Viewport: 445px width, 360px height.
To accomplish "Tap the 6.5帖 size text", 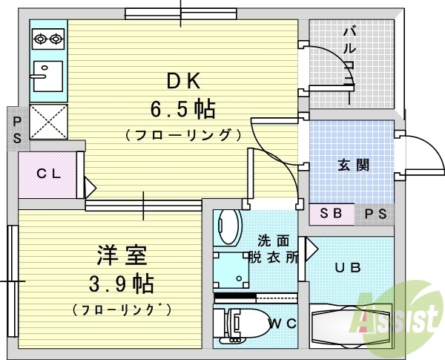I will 183,110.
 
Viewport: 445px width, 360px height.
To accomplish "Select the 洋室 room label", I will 122,257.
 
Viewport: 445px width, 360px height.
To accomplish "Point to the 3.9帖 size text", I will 122,284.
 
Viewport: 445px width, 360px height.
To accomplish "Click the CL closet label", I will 49,174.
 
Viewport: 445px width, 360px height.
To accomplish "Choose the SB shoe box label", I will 331,213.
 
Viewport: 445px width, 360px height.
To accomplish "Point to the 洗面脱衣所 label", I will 278,249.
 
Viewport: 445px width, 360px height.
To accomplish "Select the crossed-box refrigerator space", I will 48,121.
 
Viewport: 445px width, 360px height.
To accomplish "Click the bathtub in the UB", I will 349,324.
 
